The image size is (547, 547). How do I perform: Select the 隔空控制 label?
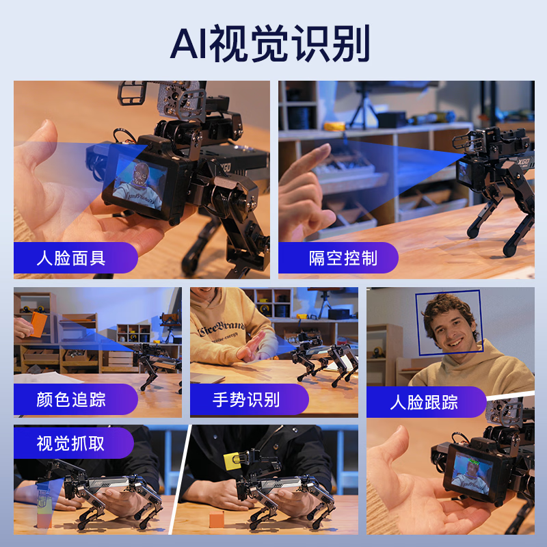tap(343, 258)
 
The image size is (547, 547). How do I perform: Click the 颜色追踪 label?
tap(71, 399)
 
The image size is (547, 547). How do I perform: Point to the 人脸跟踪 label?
tap(424, 401)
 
